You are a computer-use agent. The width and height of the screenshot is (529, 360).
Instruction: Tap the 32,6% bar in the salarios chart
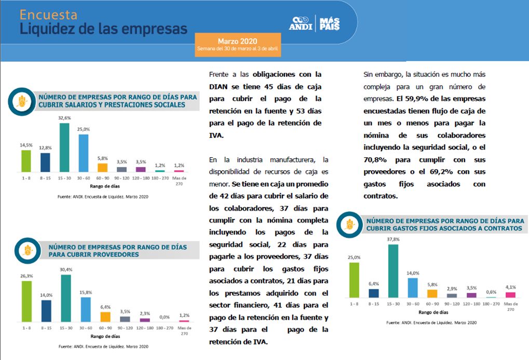pos(64,147)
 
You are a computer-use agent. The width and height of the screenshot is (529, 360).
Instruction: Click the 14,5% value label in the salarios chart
pos(26,146)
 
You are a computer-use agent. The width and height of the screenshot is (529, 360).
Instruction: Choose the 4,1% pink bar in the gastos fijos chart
pos(510,295)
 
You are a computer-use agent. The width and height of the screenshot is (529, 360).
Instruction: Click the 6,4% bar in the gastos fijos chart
pos(373,293)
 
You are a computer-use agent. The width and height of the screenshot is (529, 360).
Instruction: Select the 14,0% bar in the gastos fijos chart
pos(413,287)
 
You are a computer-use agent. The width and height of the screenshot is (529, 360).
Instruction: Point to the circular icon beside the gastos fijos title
pos(348,225)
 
